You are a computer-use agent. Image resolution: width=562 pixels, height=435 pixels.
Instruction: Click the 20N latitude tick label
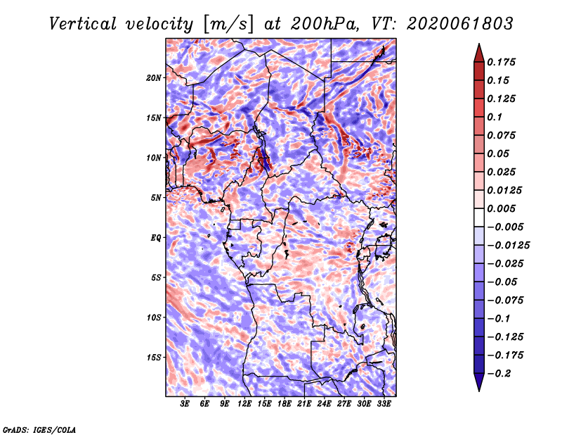154,77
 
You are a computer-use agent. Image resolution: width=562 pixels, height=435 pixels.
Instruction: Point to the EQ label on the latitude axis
155,238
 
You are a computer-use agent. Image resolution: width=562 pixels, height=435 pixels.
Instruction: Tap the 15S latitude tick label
154,358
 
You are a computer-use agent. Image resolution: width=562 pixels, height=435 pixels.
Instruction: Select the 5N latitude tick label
156,198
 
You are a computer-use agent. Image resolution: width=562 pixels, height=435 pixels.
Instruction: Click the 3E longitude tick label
185,404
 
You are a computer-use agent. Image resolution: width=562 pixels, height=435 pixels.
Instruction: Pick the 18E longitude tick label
285,404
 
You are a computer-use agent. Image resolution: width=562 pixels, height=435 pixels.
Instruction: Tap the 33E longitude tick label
384,404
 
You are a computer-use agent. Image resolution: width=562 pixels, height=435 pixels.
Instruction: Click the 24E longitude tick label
324,404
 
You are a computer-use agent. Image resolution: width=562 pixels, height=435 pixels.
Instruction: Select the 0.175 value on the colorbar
501,62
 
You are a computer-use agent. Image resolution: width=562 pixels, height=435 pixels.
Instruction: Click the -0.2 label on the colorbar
499,374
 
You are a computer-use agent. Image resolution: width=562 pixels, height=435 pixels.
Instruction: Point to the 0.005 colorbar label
501,208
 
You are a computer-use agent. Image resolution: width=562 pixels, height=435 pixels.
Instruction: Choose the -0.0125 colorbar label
508,246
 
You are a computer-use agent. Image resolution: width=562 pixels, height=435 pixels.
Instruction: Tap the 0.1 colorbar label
495,117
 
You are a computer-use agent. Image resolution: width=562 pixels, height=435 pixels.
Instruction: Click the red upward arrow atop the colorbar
479,53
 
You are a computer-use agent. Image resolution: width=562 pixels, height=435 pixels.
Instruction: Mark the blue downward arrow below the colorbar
479,382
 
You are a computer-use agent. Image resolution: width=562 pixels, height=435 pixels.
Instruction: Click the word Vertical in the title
83,24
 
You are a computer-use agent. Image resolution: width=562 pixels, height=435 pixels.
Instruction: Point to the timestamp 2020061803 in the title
460,24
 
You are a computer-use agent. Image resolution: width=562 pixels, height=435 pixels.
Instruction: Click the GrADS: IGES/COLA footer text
39,429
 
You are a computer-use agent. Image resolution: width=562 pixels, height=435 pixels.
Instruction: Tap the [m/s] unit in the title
228,25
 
